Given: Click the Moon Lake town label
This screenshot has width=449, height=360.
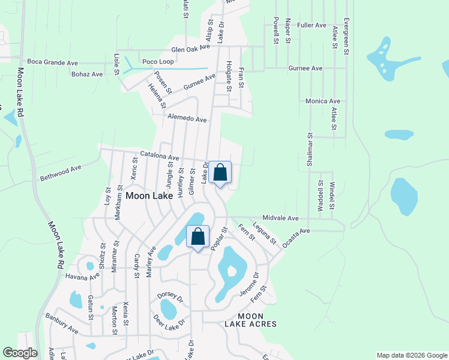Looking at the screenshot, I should pos(149,196).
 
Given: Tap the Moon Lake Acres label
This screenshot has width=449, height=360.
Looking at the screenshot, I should pos(250,320).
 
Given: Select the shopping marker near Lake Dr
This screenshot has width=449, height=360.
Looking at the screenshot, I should pos(220,173).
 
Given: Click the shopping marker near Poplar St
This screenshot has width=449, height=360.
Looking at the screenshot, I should pos(197,237).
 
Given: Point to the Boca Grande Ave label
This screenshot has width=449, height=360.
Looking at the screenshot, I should pos(53,62).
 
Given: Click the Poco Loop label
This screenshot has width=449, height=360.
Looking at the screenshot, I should pos(157,62).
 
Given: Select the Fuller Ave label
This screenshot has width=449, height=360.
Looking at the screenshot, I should pos(312,26).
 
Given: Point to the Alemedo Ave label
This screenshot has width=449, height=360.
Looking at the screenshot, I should pos(187,119).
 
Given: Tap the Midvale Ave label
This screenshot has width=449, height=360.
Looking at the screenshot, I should pos(280,218).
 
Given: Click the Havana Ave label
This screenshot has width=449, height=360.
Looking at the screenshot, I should pos(82,277).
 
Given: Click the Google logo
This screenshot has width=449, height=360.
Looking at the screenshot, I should pos(20,353).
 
